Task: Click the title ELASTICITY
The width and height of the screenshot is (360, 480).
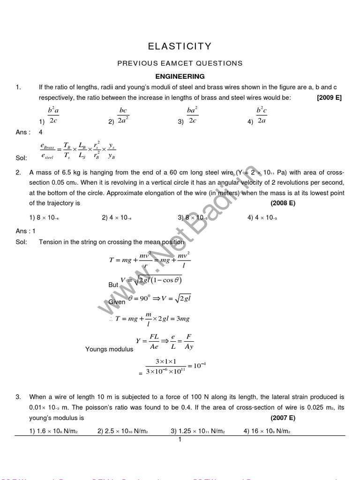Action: coord(180,46)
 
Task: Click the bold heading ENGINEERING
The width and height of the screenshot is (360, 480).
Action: coord(180,76)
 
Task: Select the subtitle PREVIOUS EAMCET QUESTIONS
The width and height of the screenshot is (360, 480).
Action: coord(180,63)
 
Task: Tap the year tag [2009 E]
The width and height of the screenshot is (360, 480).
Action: coord(329,97)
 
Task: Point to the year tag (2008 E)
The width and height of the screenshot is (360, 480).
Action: coord(283,203)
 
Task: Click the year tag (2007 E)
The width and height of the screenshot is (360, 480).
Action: coord(283,418)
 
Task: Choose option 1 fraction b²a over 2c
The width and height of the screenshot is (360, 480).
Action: coord(53,115)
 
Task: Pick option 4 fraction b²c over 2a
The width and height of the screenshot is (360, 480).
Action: coord(261,115)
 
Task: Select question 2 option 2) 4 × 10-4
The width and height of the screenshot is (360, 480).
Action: coord(117,217)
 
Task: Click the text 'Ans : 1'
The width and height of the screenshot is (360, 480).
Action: coord(26,231)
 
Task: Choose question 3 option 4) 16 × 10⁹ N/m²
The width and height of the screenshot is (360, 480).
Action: coord(267,431)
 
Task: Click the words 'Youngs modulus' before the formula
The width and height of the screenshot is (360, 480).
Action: coord(109,349)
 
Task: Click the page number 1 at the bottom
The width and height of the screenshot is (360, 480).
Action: coord(180,440)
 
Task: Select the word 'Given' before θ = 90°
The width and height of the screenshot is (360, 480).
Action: coord(117,302)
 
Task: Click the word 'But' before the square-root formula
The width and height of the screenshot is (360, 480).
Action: coord(113,285)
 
